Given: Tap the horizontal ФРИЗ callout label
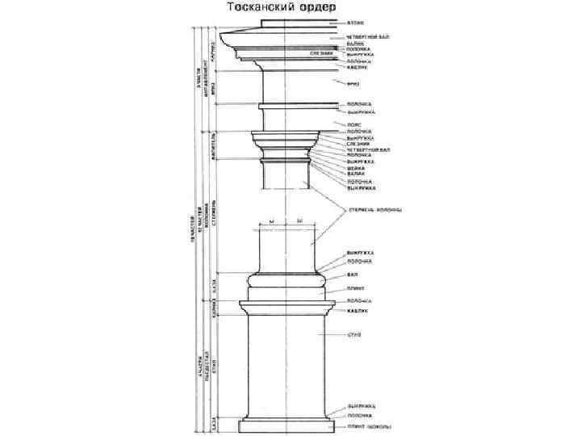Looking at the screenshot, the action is (x=354, y=83).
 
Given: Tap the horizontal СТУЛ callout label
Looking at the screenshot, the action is (x=353, y=333).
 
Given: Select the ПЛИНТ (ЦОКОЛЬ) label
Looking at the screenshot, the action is (x=370, y=425).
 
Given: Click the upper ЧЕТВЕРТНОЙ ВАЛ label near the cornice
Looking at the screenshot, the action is (x=366, y=36).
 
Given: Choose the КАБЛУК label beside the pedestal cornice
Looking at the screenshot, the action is (x=356, y=310).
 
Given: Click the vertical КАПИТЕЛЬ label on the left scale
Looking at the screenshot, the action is (x=212, y=145).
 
